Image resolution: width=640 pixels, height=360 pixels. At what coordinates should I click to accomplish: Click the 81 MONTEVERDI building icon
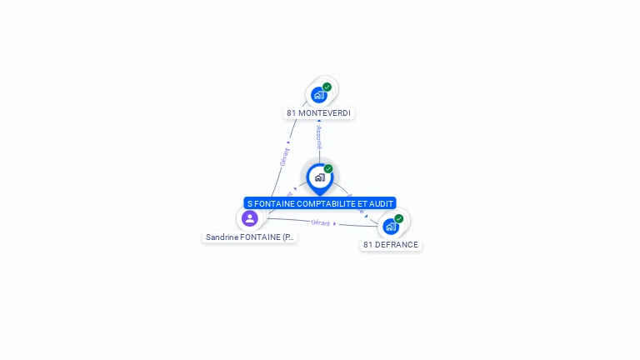(318, 95)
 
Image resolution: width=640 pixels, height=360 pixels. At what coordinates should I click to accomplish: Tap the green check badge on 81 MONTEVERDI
(327, 87)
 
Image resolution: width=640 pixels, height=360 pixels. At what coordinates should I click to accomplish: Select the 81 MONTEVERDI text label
(318, 112)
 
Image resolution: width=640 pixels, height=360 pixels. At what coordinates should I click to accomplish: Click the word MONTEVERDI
(326, 112)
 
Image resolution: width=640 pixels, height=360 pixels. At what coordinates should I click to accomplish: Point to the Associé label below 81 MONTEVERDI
(319, 137)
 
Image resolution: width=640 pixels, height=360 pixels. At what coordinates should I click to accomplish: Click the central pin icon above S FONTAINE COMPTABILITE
(319, 177)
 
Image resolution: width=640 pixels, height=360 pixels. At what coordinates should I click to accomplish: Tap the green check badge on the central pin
(328, 168)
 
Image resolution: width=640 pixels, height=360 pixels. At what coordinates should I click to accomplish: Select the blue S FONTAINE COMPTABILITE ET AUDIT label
(320, 203)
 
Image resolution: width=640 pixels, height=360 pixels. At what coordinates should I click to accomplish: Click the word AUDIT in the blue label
(382, 203)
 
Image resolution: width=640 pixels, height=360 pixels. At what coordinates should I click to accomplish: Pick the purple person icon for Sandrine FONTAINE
(249, 218)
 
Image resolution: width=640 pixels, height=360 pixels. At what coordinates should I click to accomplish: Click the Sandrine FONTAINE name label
(250, 237)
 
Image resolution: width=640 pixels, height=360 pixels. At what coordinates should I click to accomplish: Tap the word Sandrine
(222, 237)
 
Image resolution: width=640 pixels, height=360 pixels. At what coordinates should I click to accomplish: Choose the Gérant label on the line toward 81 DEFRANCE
(321, 222)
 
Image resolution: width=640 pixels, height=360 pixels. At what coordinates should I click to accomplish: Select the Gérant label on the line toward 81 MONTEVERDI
(284, 157)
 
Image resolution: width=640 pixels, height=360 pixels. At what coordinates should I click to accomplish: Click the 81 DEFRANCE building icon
(390, 227)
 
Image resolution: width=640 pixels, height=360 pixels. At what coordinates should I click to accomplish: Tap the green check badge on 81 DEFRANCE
(398, 218)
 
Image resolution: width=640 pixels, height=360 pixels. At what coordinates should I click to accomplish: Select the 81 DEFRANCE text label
(391, 244)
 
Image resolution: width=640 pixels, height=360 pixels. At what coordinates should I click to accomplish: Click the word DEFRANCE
(397, 244)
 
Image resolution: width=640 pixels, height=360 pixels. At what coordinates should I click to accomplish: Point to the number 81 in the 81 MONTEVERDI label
(292, 112)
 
